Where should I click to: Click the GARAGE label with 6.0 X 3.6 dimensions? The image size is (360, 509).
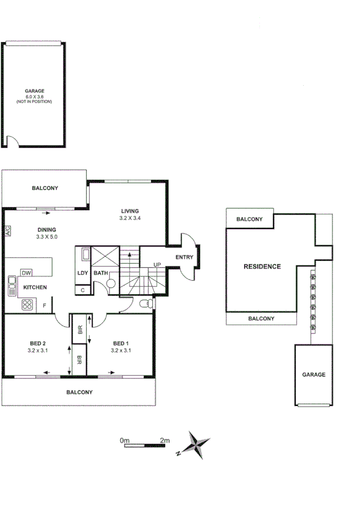(x=35, y=92)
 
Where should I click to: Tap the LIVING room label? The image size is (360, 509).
(x=130, y=211)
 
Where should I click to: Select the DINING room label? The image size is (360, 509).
(x=47, y=230)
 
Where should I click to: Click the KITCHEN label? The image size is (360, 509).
(x=35, y=288)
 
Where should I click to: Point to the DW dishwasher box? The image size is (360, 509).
(x=26, y=273)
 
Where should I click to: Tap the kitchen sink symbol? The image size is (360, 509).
(x=11, y=287)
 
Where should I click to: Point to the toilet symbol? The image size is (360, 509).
(x=143, y=304)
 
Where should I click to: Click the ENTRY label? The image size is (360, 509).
(x=184, y=257)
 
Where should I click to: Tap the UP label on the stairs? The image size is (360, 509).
(x=157, y=265)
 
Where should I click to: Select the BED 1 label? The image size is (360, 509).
(x=122, y=344)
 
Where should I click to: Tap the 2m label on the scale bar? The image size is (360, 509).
(x=165, y=441)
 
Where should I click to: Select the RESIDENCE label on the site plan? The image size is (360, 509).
(x=261, y=266)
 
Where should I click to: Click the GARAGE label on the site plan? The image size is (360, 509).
(x=313, y=375)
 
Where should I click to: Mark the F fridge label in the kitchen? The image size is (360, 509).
(x=44, y=306)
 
